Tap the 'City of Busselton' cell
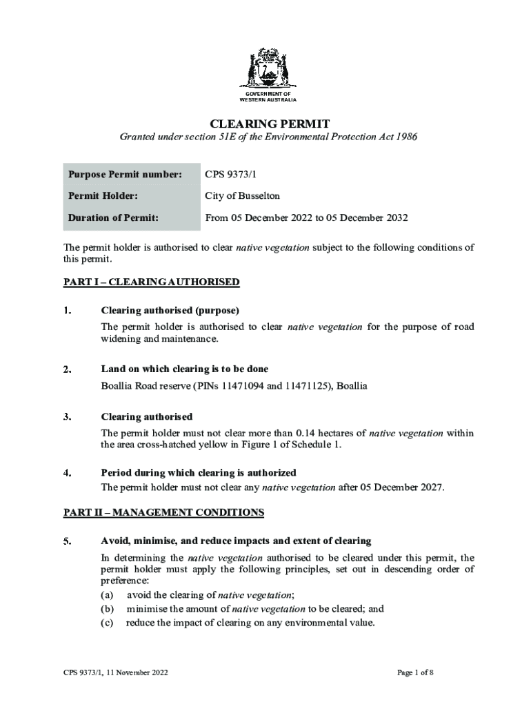click(242, 196)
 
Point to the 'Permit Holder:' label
click(103, 196)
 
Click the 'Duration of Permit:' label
click(113, 218)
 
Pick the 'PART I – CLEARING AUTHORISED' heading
click(152, 282)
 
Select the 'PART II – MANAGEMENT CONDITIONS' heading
click(164, 512)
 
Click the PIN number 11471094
click(239, 386)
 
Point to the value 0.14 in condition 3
click(305, 434)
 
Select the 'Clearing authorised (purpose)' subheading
click(170, 310)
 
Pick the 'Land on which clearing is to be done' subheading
click(185, 369)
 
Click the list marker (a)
click(108, 595)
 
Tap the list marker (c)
click(108, 623)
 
